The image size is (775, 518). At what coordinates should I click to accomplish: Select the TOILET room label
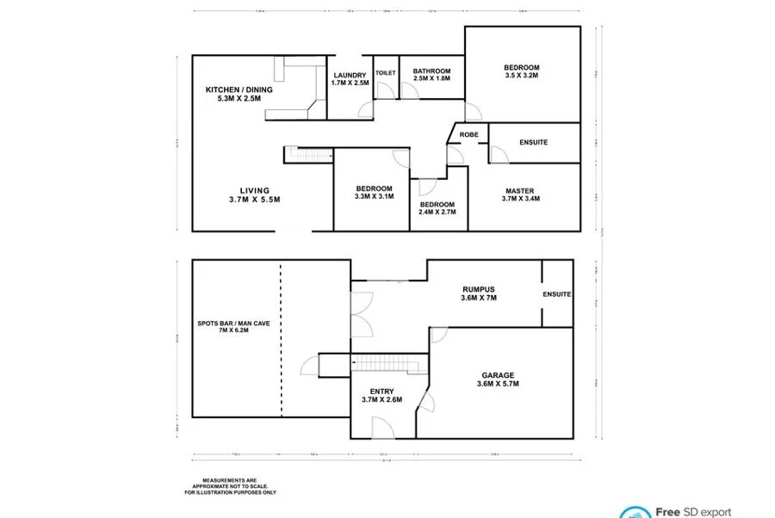pos(385,73)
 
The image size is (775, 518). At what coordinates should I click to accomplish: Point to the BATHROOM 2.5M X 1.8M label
pos(431,75)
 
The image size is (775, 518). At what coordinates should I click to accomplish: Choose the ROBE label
pos(468,135)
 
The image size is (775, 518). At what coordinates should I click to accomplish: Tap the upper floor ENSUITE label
pos(533,142)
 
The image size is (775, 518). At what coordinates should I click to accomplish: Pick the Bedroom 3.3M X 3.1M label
pos(374,192)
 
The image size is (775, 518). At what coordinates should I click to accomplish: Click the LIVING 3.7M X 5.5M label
pos(255,194)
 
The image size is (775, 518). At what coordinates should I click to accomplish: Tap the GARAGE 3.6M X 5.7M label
pos(498,379)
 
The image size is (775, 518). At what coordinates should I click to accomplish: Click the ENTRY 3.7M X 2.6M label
pos(381,396)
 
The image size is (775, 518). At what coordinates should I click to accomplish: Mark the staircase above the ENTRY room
pos(392,364)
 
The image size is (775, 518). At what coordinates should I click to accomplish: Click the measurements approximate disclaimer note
pos(228,486)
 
